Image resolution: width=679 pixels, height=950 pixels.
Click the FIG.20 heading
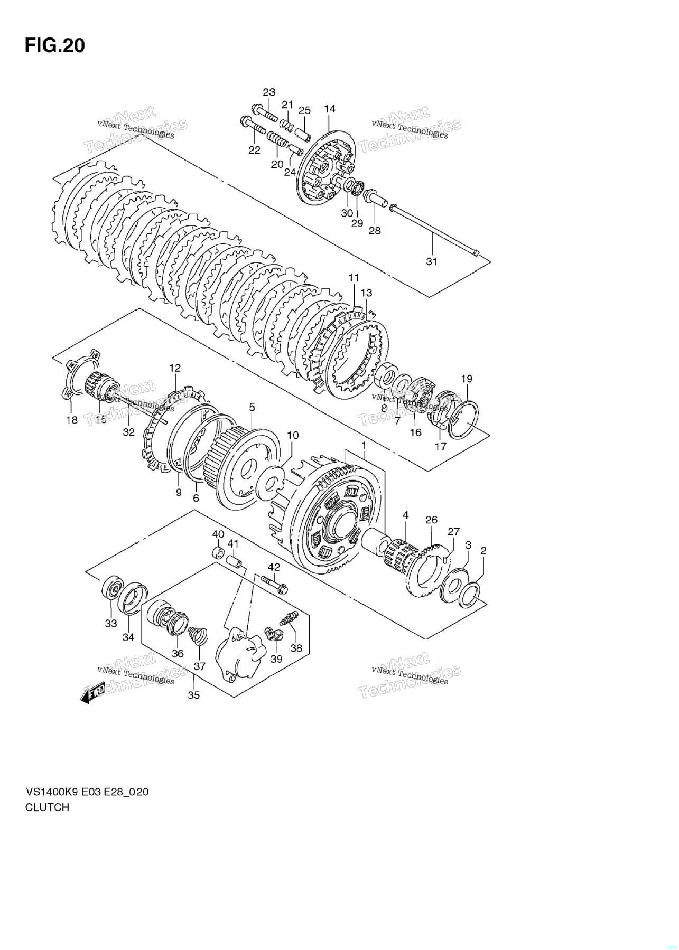coord(54,46)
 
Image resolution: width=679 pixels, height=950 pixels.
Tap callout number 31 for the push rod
coord(432,261)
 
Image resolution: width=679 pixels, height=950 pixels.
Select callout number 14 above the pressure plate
coord(330,109)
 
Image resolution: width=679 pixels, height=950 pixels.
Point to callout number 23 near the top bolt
coord(269,92)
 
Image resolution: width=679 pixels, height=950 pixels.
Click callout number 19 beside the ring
coord(467,379)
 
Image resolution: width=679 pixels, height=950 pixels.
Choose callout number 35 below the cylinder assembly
coord(194,695)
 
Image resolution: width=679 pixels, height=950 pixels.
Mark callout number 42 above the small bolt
coord(274,567)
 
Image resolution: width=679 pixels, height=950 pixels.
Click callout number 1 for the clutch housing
coord(364,446)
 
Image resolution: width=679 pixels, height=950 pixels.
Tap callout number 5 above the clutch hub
coord(252,407)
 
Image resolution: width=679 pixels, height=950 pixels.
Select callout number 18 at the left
coord(71,420)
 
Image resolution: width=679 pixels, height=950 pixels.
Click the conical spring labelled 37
coord(197,634)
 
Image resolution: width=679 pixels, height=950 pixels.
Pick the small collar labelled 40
coord(218,553)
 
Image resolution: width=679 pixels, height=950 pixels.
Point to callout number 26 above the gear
coord(431,520)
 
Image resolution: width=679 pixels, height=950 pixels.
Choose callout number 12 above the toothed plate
coord(175,368)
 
